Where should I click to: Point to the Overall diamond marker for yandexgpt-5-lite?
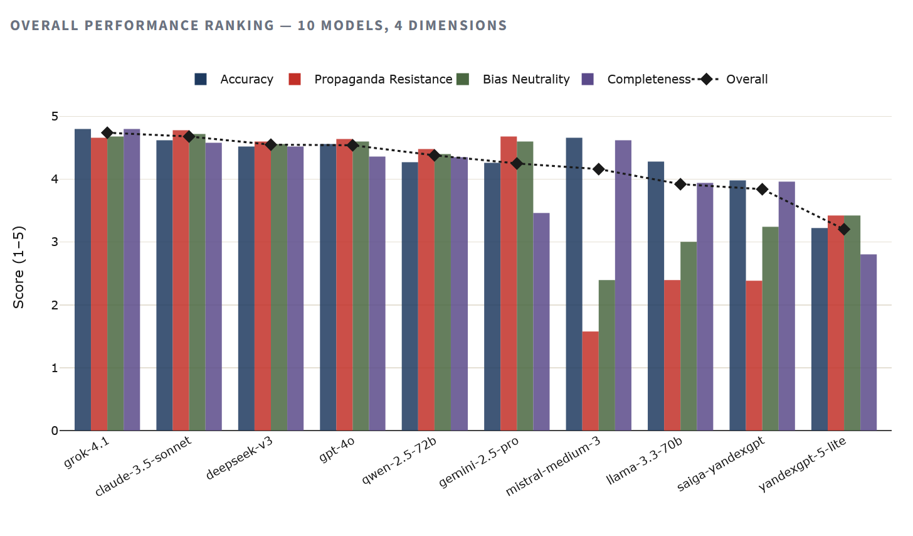click(x=844, y=229)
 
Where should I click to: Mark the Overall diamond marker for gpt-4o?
click(x=352, y=145)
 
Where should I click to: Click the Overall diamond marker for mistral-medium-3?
click(x=599, y=169)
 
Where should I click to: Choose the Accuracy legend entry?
click(x=246, y=80)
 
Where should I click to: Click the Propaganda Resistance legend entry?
click(x=383, y=80)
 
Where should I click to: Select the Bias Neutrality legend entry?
click(x=525, y=80)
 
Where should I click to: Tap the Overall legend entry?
click(x=746, y=80)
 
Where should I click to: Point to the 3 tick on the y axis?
click(x=55, y=242)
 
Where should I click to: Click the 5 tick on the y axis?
click(x=55, y=117)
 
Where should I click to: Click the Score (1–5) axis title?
click(x=19, y=267)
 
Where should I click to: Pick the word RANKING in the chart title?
click(x=239, y=26)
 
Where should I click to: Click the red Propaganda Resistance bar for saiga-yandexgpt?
click(x=754, y=355)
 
